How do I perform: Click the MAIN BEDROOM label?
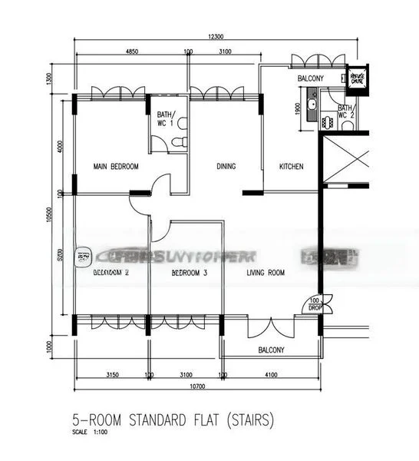pos(116,167)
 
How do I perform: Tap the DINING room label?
pos(226,167)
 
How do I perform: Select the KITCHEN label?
pos(291,167)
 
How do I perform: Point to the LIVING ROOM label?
pos(266,273)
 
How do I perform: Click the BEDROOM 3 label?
pos(190,273)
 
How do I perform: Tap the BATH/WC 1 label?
pos(166,119)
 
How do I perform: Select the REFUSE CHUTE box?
pos(358,78)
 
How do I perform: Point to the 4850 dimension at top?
pos(131,51)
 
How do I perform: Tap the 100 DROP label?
pos(315,303)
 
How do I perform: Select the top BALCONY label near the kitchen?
pos(311,79)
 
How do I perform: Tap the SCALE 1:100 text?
pos(87,433)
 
